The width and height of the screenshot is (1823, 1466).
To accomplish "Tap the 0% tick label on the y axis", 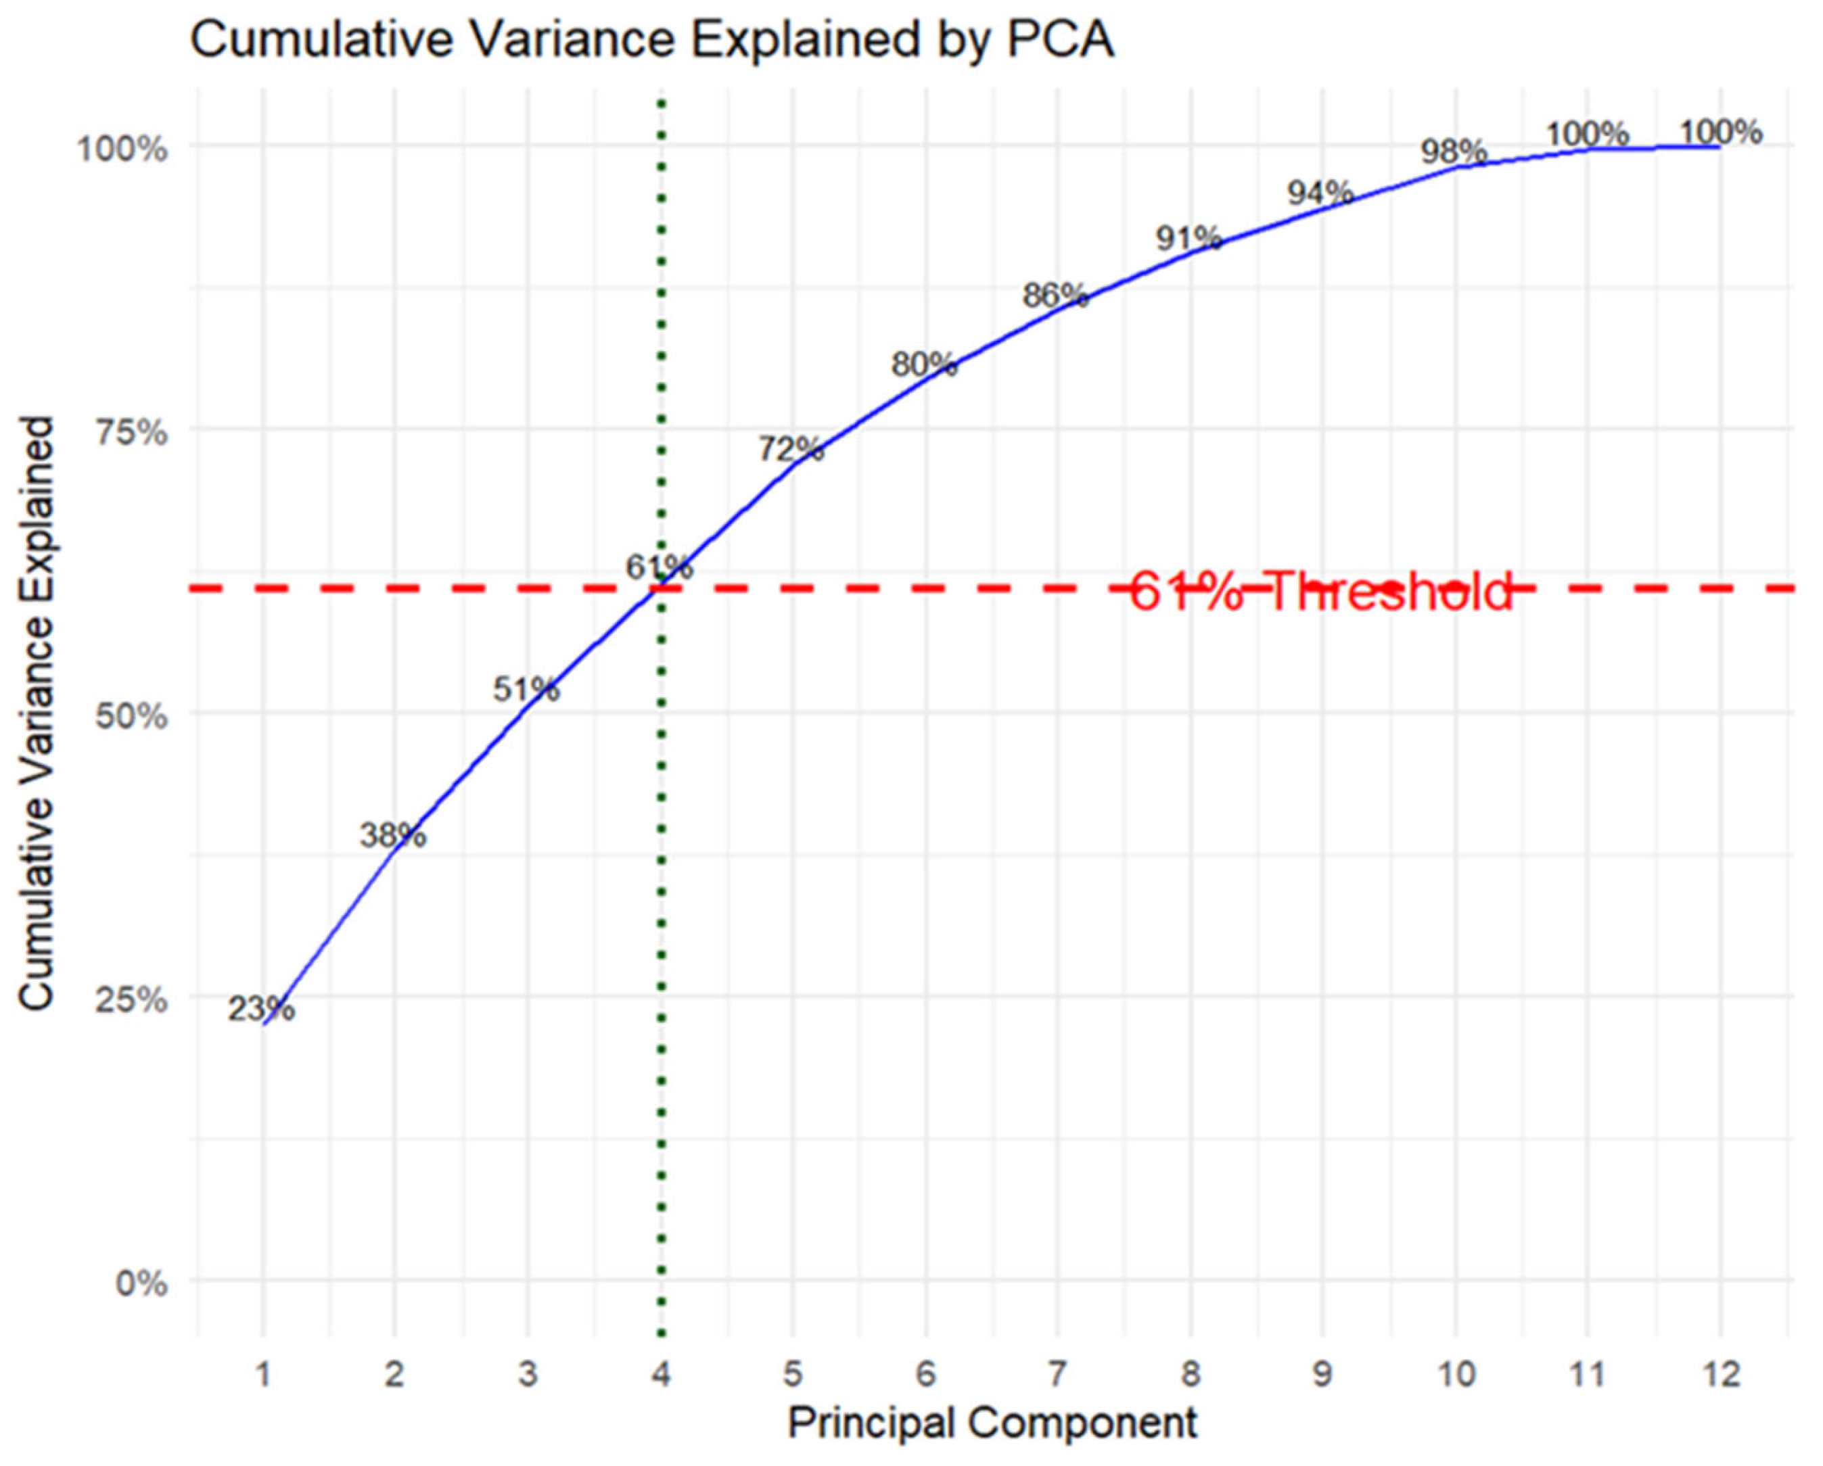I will [x=141, y=1284].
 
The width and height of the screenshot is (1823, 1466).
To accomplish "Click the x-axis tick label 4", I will [x=660, y=1374].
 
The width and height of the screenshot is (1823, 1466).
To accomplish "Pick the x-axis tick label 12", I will [x=1720, y=1374].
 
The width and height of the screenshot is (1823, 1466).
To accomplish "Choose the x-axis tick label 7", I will [x=1058, y=1374].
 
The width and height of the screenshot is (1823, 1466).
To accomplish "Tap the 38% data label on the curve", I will [x=393, y=835].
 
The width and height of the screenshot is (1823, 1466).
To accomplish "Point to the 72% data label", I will [x=791, y=449].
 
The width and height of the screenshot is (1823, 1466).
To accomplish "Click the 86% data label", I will [x=1055, y=295].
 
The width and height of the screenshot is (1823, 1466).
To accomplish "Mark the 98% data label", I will [x=1454, y=151].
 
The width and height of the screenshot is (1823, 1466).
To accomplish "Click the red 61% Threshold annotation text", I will [x=1320, y=591].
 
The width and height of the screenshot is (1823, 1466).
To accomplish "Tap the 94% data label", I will [x=1320, y=193].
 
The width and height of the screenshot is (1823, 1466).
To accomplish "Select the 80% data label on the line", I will [x=923, y=364].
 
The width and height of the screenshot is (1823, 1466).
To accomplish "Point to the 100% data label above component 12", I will [x=1720, y=132].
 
